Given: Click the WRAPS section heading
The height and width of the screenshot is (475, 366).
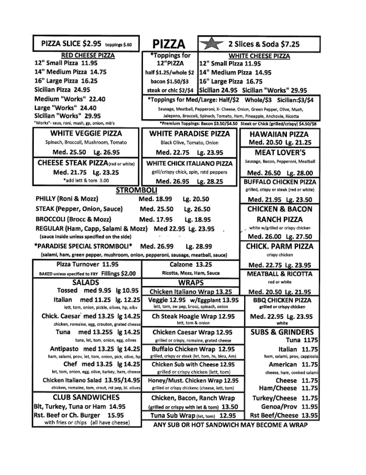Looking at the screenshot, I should [x=191, y=282].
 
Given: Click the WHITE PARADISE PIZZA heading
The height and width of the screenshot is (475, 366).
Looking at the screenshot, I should [x=190, y=134].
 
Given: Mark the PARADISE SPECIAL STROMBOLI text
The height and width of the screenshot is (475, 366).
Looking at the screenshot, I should [x=83, y=246].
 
